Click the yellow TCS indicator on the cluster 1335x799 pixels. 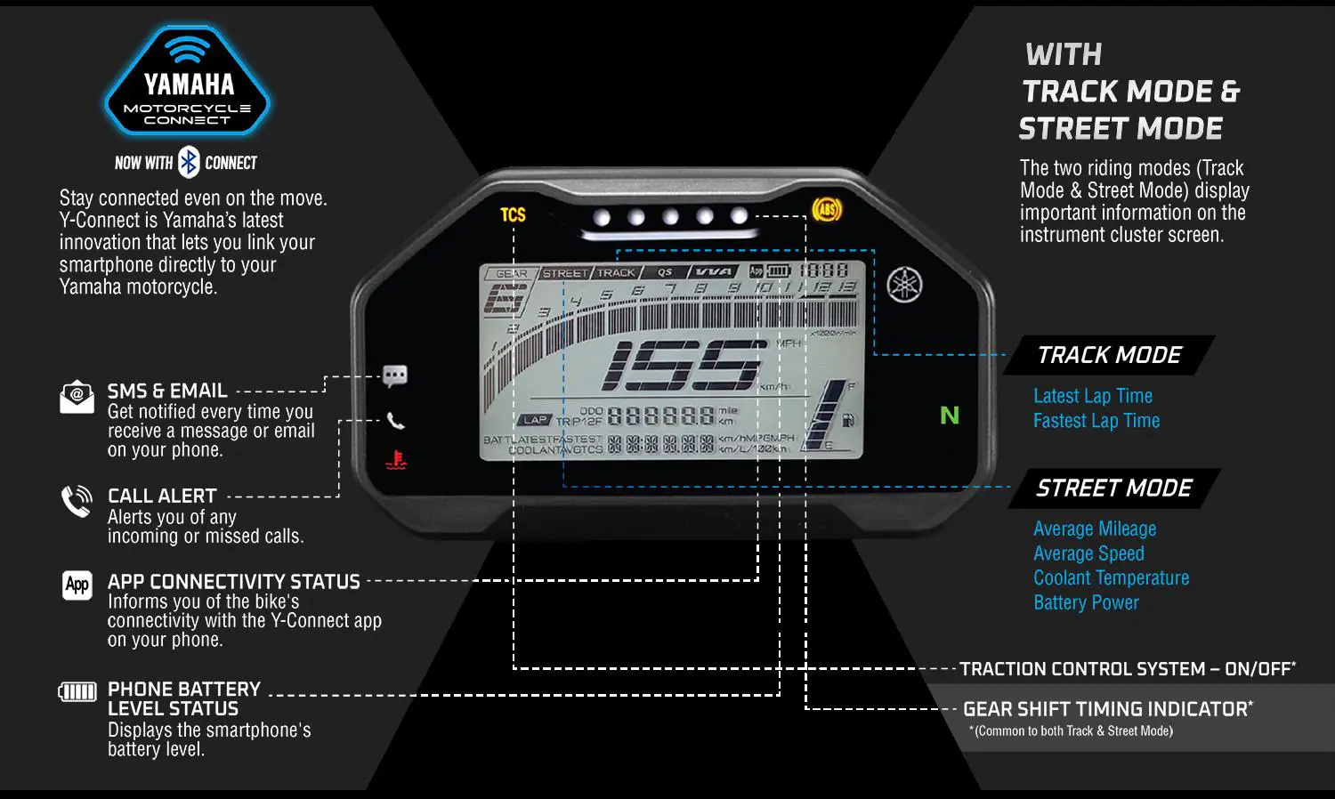513,214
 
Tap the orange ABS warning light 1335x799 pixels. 827,210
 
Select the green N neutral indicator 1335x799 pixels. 950,416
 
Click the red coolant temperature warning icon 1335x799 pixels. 396,460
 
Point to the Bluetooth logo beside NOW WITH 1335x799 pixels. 189,162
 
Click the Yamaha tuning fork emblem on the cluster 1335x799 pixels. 904,285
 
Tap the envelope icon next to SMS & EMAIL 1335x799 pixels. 77,397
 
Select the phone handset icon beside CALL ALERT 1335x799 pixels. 77,502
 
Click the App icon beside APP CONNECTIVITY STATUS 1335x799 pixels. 77,585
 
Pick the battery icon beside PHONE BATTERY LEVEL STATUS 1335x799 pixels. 77,691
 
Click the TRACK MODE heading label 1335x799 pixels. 1109,355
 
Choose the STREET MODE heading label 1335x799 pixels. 1113,488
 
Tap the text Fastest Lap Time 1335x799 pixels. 1096,421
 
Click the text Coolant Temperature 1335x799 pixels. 1111,577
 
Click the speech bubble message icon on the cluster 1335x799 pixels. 395,375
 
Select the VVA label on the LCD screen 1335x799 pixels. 714,272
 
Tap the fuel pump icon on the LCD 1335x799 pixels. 848,420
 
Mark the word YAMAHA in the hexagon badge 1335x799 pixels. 189,85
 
